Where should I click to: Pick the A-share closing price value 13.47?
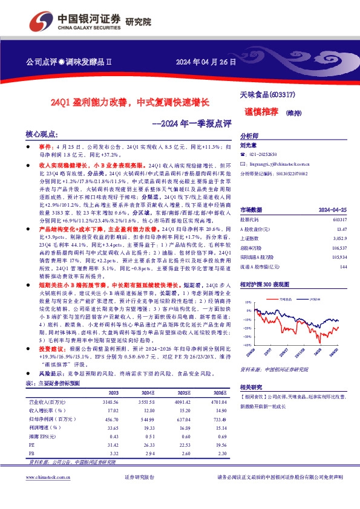tap(342, 230)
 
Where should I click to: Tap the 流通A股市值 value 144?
tap(344, 267)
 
